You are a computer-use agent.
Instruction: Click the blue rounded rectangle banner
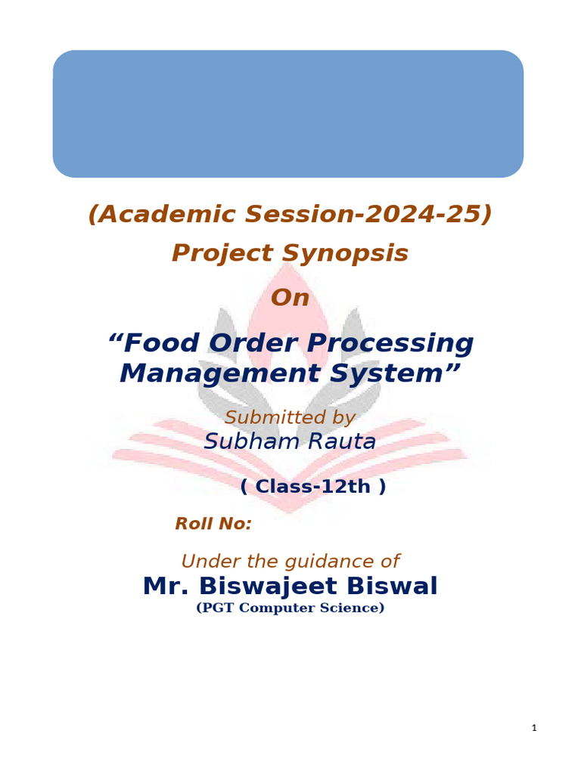287,113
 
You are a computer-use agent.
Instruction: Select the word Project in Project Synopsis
220,253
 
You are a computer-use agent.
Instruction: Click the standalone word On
290,298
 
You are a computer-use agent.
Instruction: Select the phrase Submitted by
290,417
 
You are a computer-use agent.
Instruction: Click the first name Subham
242,441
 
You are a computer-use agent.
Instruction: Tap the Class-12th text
313,487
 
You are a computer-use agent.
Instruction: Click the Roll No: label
213,523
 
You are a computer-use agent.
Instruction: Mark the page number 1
533,728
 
